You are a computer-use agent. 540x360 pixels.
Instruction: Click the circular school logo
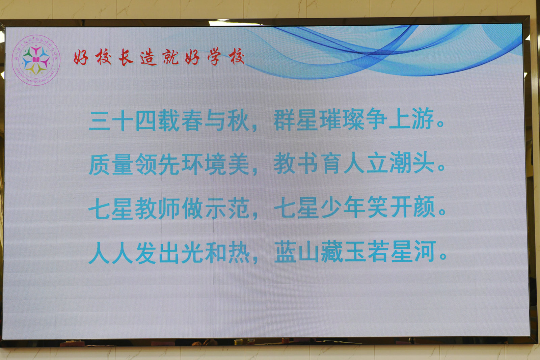[x=36, y=60]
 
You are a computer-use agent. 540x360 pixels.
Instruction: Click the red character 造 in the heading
[x=149, y=57]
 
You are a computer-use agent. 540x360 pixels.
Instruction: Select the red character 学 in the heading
[x=214, y=56]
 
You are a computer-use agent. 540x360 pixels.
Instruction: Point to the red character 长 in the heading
[x=126, y=57]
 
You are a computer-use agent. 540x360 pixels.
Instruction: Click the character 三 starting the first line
[x=100, y=121]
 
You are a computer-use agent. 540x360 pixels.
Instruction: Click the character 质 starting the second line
[x=100, y=165]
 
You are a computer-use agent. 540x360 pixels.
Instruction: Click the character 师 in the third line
[x=169, y=209]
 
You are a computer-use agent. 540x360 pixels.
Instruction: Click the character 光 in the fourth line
[x=192, y=252]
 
